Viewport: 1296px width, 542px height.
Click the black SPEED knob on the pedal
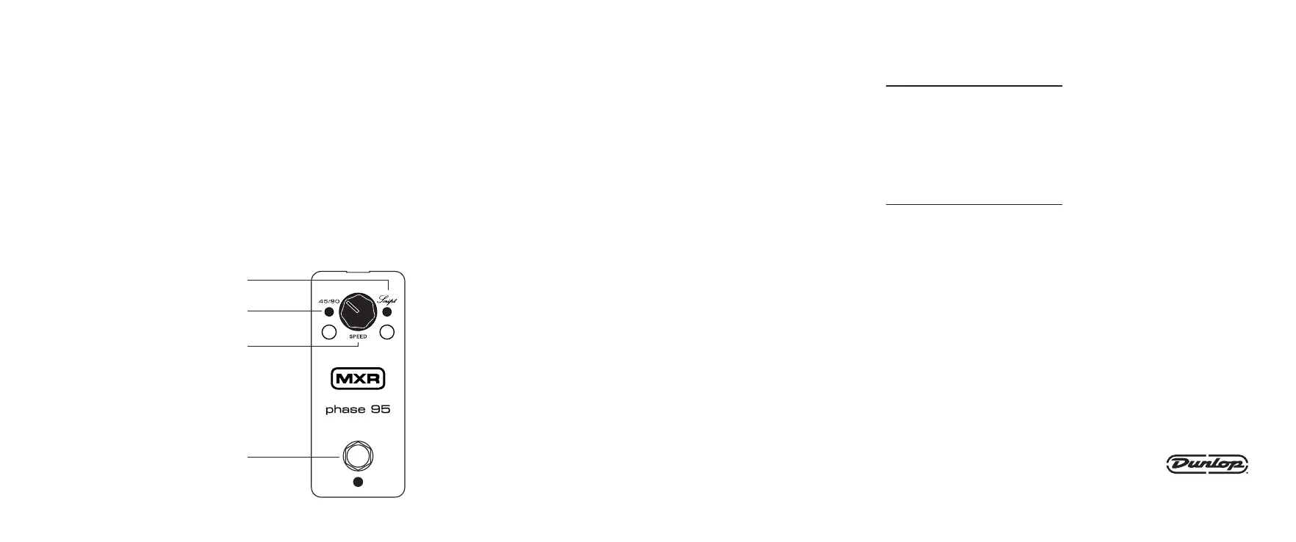pos(358,311)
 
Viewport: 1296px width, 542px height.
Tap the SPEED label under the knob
pos(358,336)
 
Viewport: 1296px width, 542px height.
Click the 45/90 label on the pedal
pos(329,301)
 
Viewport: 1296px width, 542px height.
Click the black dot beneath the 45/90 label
pos(329,312)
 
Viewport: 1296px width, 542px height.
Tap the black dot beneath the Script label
pos(387,312)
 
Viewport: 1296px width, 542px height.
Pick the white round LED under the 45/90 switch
pos(329,333)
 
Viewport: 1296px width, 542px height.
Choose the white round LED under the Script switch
pos(388,333)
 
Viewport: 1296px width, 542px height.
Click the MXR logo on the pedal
pos(358,379)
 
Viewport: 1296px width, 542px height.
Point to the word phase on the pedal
pos(343,410)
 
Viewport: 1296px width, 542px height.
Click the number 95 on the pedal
pos(380,409)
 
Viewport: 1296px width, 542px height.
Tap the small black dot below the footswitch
pos(358,482)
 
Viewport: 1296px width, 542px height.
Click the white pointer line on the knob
pos(353,307)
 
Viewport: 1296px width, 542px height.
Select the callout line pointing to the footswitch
pos(294,457)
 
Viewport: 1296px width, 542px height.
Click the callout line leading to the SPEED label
pos(301,345)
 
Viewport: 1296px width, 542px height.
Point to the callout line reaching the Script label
pos(316,280)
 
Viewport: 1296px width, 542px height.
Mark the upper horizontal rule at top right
pos(974,86)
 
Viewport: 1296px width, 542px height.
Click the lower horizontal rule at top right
pos(974,203)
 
